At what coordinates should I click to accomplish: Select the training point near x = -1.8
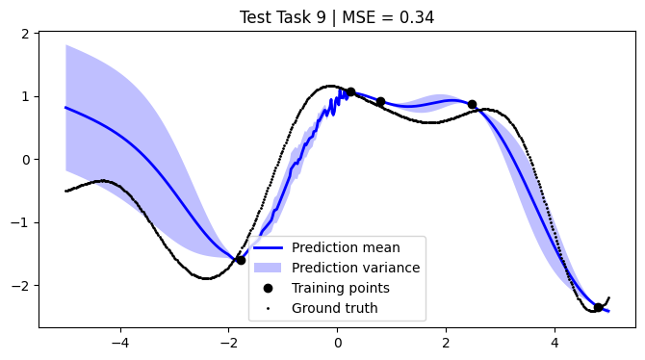[x=241, y=260]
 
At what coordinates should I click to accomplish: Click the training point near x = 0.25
[x=350, y=92]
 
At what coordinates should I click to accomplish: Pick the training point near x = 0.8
[x=380, y=101]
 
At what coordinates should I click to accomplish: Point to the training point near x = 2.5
[x=472, y=105]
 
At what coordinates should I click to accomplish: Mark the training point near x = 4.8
[x=598, y=307]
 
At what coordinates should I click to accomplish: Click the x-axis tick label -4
[x=120, y=341]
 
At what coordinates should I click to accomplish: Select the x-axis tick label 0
[x=338, y=341]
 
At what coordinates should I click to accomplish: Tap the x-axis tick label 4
[x=555, y=341]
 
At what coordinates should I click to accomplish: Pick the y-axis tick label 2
[x=26, y=34]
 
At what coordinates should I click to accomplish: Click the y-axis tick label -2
[x=22, y=286]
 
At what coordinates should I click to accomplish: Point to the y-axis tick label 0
[x=26, y=160]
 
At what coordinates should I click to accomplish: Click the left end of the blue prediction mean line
[x=66, y=107]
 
